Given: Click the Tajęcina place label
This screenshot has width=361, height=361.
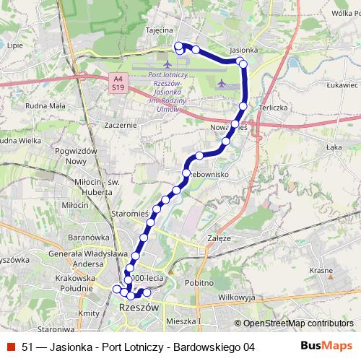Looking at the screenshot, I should [x=158, y=30].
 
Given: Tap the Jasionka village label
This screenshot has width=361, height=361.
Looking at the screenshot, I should [x=243, y=51].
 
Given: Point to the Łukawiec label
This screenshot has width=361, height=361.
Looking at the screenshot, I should [x=342, y=84].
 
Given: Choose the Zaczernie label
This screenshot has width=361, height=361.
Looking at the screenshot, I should [x=120, y=124].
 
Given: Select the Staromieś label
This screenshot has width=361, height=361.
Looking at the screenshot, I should [x=130, y=214].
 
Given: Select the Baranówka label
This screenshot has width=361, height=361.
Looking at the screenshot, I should [x=87, y=236].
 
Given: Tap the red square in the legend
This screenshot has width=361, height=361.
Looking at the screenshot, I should [x=10, y=347].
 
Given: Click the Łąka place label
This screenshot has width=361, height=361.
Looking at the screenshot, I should [x=333, y=147].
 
